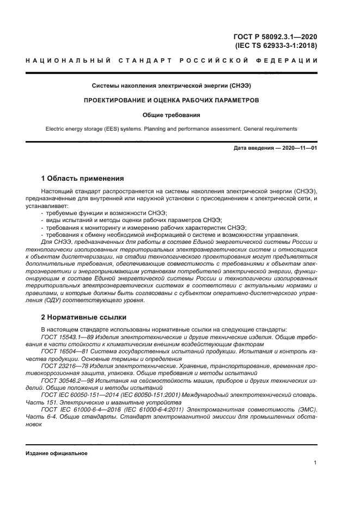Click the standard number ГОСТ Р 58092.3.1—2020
click(x=275, y=36)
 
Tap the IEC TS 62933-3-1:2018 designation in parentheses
click(x=276, y=46)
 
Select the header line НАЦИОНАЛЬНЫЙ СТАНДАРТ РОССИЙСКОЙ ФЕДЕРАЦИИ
click(x=172, y=60)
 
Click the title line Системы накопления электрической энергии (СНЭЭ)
click(x=172, y=86)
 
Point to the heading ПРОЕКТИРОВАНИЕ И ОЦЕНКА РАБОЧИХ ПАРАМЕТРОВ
click(x=172, y=101)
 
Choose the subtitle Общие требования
click(x=172, y=115)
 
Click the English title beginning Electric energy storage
click(x=172, y=129)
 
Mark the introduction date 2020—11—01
click(x=275, y=148)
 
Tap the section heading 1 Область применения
click(x=83, y=178)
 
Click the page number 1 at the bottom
click(x=315, y=463)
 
